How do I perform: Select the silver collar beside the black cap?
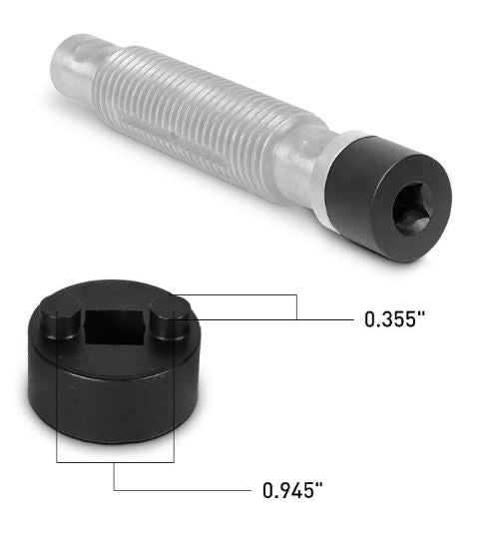coord(321,175)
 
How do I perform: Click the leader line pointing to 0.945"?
coord(180,490)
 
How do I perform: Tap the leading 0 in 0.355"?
coord(371,320)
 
